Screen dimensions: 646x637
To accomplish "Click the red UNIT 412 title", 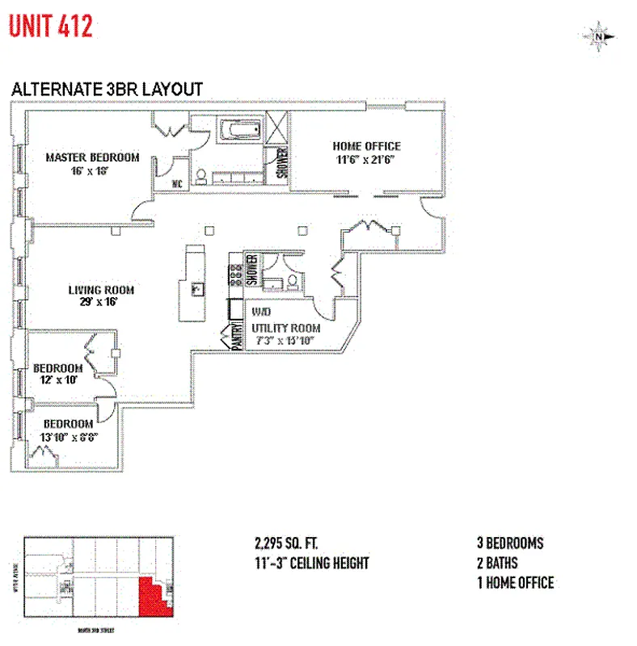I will point(51,26).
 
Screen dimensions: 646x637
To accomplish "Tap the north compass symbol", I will point(598,36).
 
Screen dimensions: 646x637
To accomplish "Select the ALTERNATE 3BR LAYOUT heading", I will point(106,90).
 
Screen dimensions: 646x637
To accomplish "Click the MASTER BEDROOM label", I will point(92,157).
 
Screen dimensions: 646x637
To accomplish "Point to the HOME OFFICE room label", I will point(366,146).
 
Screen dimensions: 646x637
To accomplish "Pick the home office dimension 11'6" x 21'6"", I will point(366,160).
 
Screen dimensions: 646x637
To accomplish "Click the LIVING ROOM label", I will point(101,290).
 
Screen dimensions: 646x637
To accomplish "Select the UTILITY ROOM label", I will point(285,328).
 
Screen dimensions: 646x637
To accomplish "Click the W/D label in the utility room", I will point(260,311).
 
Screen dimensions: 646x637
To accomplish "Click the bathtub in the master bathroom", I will point(238,129).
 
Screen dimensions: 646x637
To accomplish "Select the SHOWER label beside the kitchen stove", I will point(251,270).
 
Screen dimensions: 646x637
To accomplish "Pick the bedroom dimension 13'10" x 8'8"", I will point(70,437).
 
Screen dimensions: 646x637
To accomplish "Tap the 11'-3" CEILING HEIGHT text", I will point(311,563).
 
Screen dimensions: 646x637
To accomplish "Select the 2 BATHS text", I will point(497,563).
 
